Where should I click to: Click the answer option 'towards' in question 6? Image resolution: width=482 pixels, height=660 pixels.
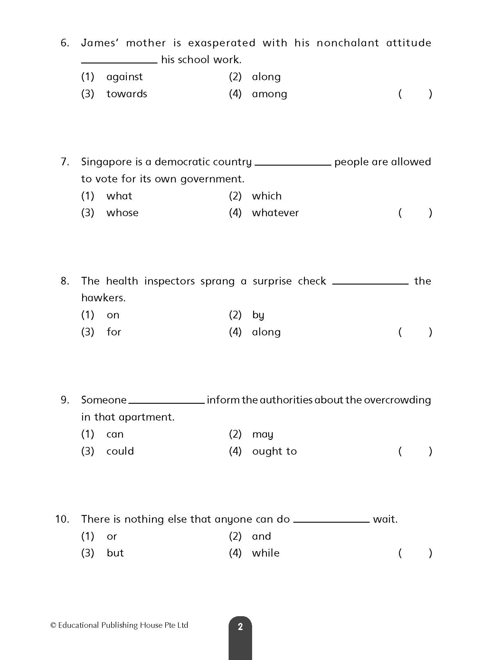127,94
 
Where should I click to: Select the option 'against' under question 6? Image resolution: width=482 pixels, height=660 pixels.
124,77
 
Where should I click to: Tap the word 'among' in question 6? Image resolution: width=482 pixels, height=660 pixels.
269,94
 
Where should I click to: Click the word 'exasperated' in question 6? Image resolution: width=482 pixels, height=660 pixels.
222,43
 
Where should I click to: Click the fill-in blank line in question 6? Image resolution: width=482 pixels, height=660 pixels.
119,63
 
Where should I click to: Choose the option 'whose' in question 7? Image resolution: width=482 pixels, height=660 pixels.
122,213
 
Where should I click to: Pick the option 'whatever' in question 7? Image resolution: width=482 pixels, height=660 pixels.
275,213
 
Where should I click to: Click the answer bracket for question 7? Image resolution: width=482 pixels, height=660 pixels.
415,213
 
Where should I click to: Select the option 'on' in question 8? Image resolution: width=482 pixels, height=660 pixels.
113,315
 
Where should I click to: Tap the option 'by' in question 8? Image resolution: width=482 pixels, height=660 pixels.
258,315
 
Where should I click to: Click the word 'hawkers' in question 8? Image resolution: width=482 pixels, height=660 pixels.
103,298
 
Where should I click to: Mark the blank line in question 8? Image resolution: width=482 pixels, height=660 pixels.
370,284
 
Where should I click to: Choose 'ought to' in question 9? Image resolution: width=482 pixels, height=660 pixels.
274,451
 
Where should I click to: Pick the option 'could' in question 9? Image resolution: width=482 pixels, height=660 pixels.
120,451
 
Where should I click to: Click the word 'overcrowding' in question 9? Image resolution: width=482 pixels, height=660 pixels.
397,400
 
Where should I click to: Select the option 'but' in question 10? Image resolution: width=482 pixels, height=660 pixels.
115,553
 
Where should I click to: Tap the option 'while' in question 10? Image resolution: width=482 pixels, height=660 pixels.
266,553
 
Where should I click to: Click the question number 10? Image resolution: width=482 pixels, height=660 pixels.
62,519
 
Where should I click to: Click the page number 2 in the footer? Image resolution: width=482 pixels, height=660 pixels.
240,626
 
